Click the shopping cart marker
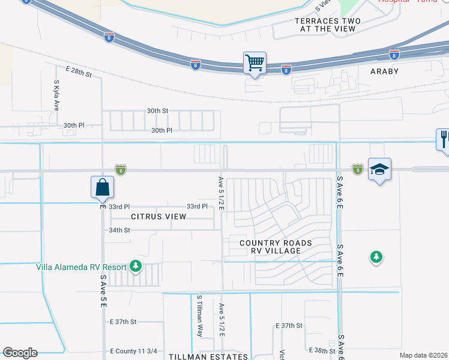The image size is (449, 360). (255, 62)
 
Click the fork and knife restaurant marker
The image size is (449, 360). (444, 140)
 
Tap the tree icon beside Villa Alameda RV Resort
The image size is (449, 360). (136, 266)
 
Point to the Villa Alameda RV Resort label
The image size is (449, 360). (81, 267)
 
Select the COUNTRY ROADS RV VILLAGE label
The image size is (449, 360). (276, 247)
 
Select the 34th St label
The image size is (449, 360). (119, 230)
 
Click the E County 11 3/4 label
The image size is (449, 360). (133, 351)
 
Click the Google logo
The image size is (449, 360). (20, 353)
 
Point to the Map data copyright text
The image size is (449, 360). (423, 355)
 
